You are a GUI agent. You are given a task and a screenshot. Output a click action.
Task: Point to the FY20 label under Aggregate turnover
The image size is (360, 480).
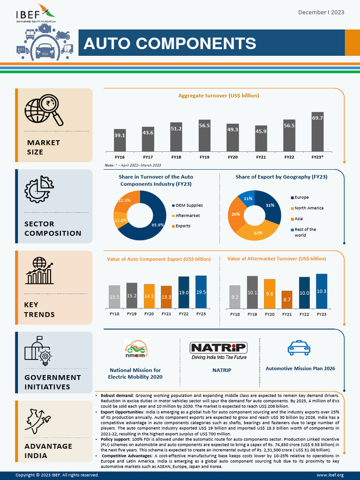tap(232, 157)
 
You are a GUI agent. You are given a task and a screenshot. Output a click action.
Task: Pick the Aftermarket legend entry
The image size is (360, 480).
tap(187, 216)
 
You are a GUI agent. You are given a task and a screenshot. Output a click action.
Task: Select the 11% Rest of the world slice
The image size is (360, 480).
tap(247, 198)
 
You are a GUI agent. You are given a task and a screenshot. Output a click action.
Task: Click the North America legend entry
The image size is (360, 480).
tap(309, 208)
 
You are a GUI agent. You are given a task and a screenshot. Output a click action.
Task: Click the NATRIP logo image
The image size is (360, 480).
tap(218, 350)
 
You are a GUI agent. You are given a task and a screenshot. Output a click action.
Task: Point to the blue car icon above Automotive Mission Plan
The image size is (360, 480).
tap(299, 348)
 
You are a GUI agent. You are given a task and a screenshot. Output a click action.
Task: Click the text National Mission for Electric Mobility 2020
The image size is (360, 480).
tap(135, 373)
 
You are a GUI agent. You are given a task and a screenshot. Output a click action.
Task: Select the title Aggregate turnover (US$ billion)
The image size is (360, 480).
tap(218, 96)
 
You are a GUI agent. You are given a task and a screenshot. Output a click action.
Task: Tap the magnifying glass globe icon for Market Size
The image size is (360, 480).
tap(44, 111)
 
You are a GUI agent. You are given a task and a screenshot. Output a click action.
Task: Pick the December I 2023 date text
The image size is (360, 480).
tap(321, 12)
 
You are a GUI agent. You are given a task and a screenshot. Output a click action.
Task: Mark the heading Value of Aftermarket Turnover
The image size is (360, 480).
tap(276, 259)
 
